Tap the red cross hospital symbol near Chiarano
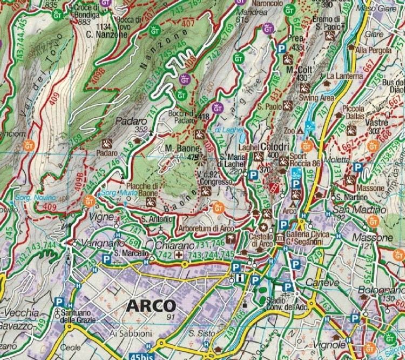[185, 264]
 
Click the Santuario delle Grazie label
[77, 316]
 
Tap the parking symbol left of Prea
[280, 49]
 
